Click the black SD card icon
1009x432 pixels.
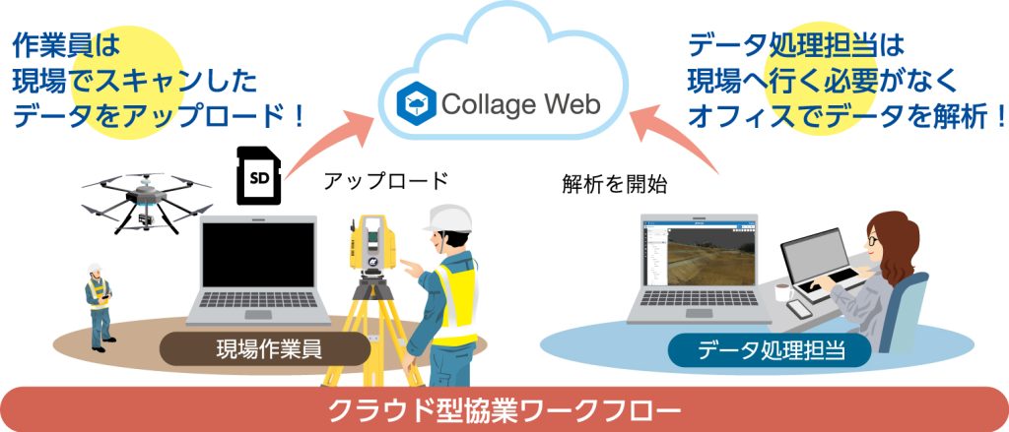coord(259,175)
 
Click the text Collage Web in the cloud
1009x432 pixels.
coord(520,104)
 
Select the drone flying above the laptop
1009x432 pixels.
coord(147,201)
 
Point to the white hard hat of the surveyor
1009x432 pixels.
coord(447,218)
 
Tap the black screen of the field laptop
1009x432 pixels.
coord(259,255)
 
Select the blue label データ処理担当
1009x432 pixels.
coord(770,350)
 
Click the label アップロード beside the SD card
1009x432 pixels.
coord(385,182)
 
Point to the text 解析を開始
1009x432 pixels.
coord(615,185)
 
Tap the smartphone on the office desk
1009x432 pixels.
coord(799,309)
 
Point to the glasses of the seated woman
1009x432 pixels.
coord(873,240)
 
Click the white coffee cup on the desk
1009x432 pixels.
coord(782,291)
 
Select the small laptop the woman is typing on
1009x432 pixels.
coord(819,265)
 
